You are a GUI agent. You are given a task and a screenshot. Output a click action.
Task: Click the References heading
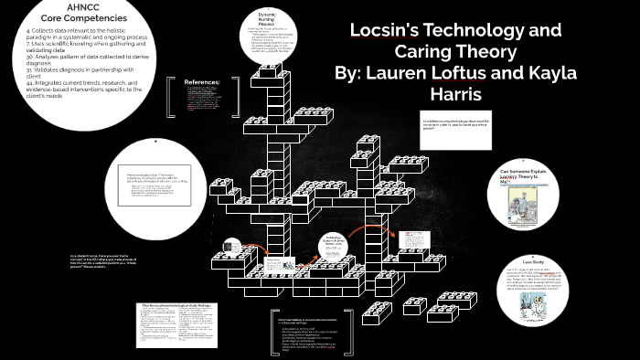202,82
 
